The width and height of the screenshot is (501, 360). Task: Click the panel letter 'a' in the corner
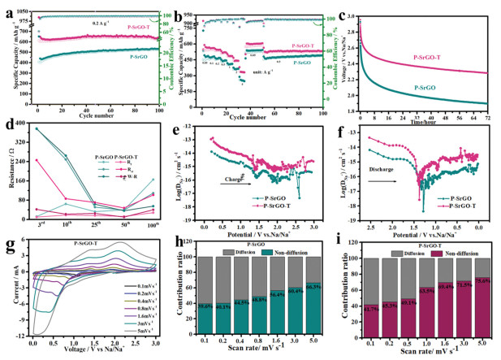[6, 7]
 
